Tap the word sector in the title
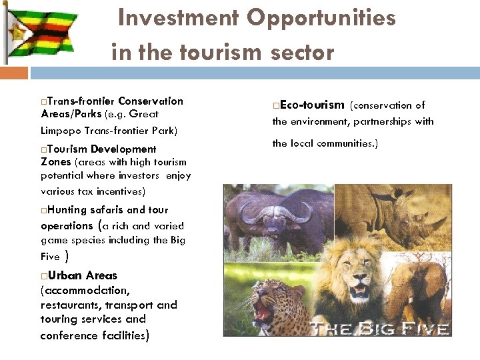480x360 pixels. tap(303, 51)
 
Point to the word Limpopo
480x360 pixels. tap(64, 130)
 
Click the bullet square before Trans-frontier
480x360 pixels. tap(43, 102)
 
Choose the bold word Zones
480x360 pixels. tap(56, 161)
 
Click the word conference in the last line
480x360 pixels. tap(69, 335)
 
